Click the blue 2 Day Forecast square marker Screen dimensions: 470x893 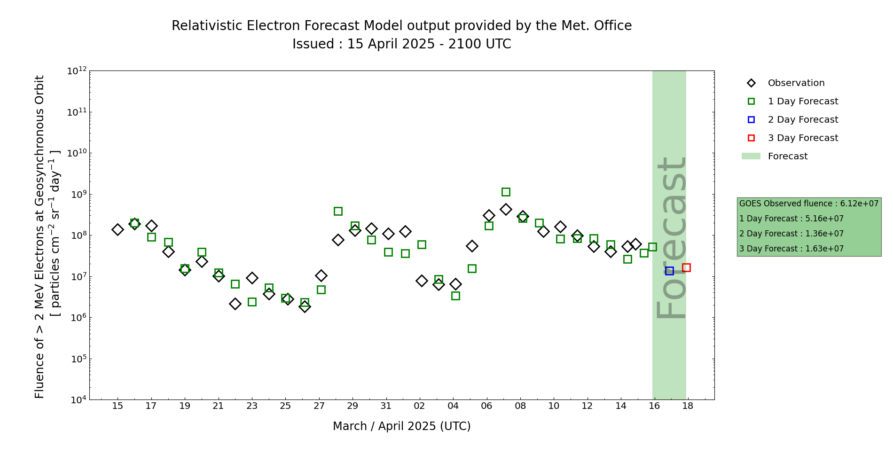[669, 271]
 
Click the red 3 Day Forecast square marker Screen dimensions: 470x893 [686, 267]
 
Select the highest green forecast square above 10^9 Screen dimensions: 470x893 [506, 192]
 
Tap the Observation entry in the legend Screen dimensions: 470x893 [796, 83]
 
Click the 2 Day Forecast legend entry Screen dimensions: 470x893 [802, 120]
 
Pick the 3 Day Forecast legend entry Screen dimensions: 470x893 [802, 138]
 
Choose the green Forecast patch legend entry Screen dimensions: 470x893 [787, 157]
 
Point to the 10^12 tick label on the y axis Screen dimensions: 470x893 [77, 71]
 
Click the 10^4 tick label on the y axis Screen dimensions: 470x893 [77, 400]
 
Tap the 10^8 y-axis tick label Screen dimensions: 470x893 [77, 235]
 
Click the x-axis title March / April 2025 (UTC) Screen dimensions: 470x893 [401, 426]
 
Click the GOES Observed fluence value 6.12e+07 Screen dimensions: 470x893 [859, 204]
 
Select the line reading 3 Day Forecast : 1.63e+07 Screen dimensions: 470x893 [791, 249]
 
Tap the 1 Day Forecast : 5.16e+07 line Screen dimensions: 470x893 [791, 219]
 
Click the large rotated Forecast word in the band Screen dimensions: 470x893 [671, 237]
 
